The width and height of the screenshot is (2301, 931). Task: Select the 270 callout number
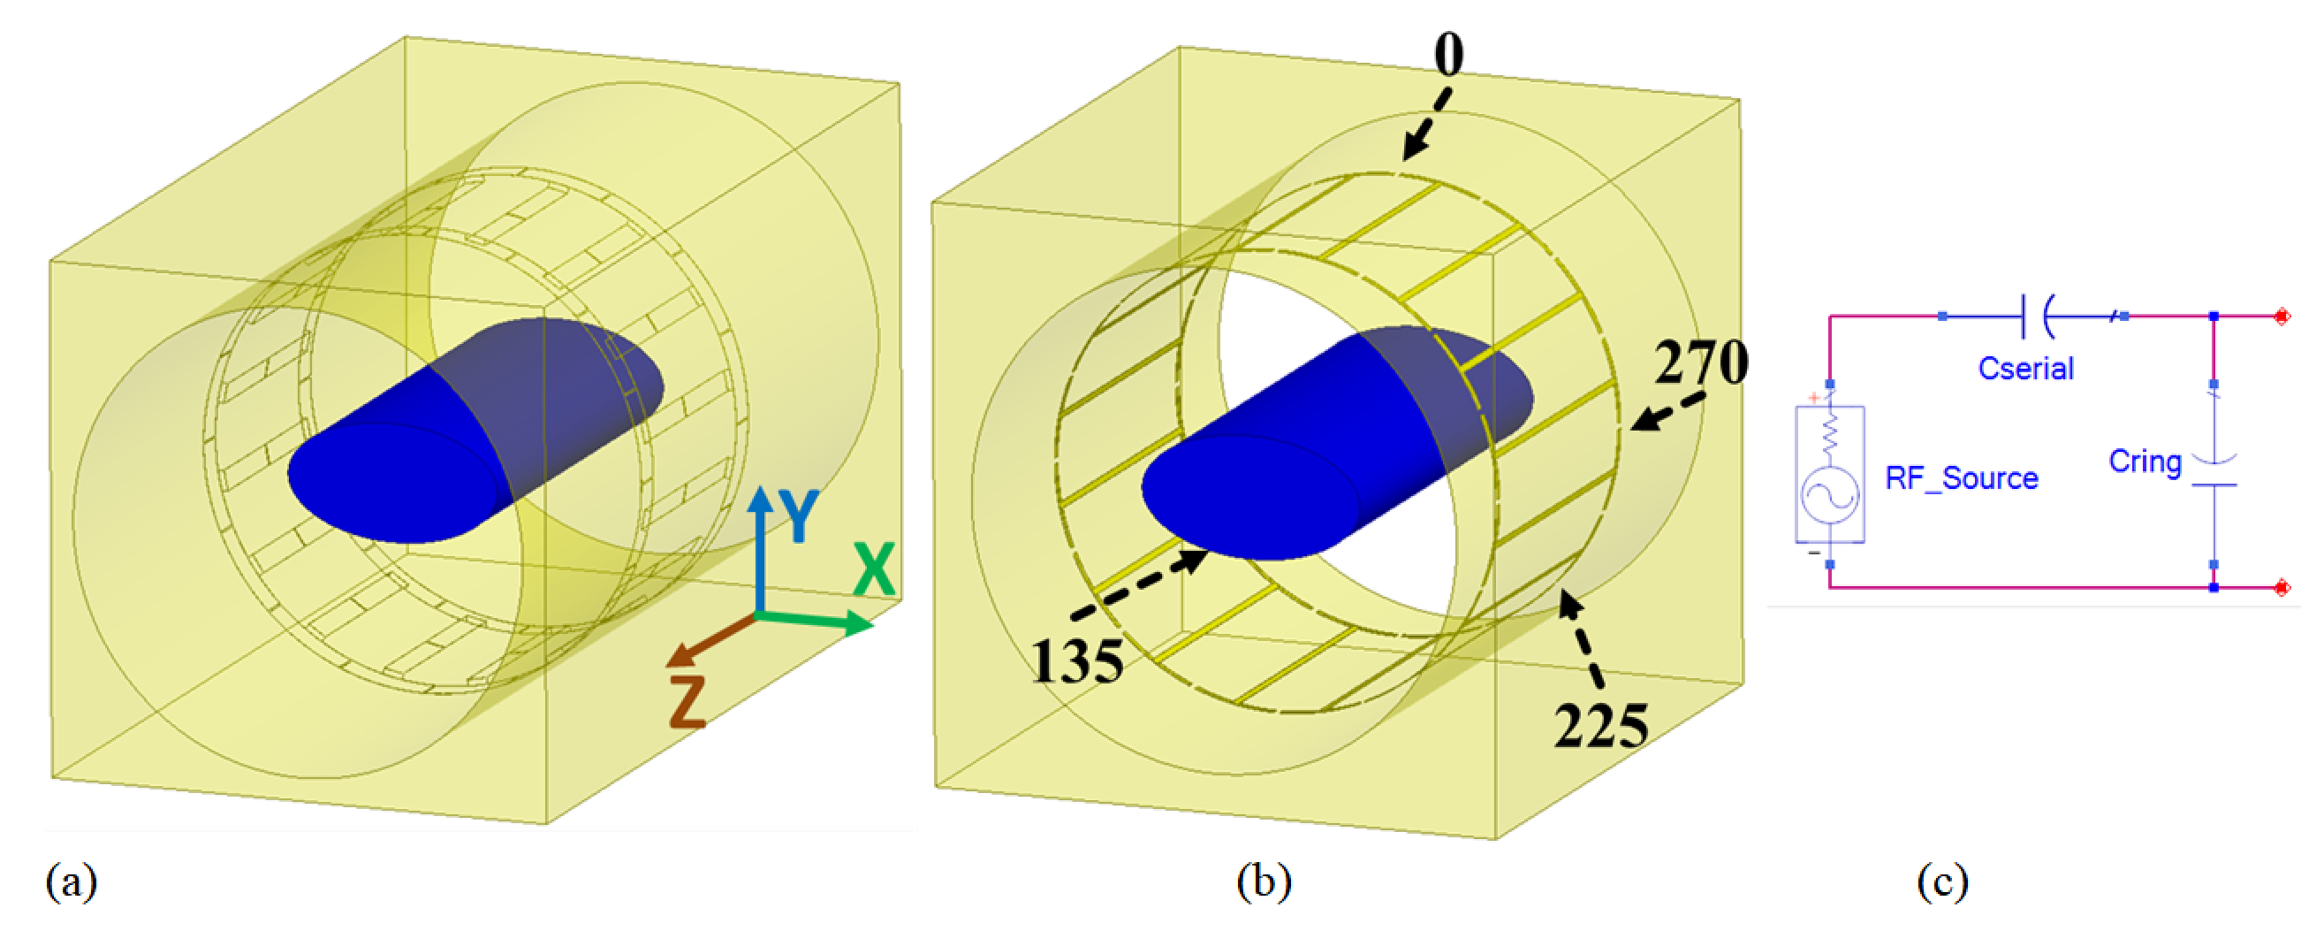(1701, 362)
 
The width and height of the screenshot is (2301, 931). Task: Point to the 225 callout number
(1600, 726)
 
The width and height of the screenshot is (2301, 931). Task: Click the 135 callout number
(1077, 662)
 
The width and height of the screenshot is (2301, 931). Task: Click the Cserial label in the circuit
(2025, 368)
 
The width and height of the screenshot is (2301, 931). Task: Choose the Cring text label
(2145, 461)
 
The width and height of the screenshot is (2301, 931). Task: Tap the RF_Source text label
(1962, 478)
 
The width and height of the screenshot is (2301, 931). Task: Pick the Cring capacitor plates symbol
(2214, 473)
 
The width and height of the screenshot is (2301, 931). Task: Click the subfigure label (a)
(72, 881)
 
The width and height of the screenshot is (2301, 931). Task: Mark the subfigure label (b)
(1264, 881)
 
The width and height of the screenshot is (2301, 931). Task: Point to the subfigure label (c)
(1942, 881)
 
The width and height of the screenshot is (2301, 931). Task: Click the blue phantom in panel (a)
(474, 429)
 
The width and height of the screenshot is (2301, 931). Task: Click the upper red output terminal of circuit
(2282, 317)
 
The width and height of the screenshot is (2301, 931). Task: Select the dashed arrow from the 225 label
(1581, 639)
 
